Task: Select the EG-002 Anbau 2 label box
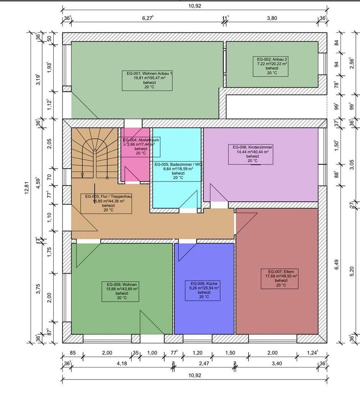[x=272, y=66]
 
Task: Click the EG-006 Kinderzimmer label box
[x=250, y=154]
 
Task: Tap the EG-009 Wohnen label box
[x=119, y=291]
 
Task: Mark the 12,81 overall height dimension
[x=26, y=187]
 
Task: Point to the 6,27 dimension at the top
[x=147, y=18]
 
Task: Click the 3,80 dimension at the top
[x=272, y=18]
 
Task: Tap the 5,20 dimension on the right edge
[x=352, y=269]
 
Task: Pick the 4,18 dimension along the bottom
[x=122, y=363]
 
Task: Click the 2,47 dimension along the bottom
[x=204, y=363]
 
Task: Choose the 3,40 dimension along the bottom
[x=276, y=363]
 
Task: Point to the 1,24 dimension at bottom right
[x=313, y=353]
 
